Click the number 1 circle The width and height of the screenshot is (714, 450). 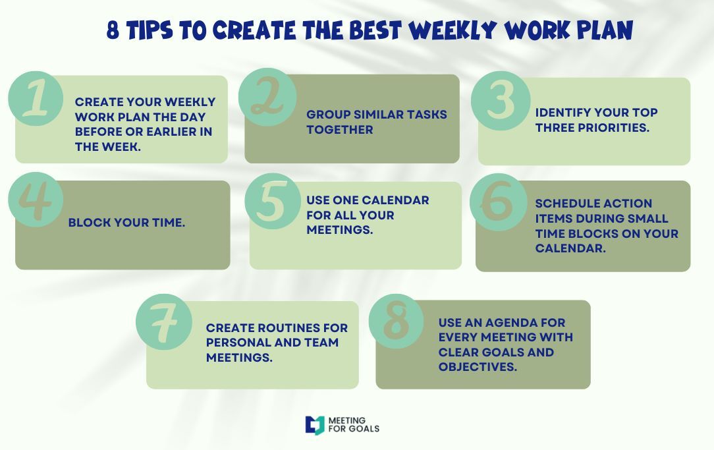(36, 98)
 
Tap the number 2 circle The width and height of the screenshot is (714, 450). (267, 97)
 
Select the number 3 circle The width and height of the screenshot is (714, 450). (501, 101)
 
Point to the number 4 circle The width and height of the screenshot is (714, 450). (36, 200)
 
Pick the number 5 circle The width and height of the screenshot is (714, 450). (273, 201)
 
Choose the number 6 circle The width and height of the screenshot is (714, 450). (498, 202)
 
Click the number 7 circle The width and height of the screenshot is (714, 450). (164, 322)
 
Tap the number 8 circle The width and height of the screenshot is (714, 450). (396, 321)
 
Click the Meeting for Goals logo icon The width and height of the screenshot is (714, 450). (315, 425)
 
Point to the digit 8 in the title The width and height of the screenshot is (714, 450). (113, 30)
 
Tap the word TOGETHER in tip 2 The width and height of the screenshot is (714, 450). (340, 129)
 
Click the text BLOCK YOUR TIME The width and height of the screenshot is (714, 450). (126, 222)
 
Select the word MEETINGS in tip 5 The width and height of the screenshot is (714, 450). (340, 229)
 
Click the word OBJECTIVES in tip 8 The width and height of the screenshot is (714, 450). (478, 366)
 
